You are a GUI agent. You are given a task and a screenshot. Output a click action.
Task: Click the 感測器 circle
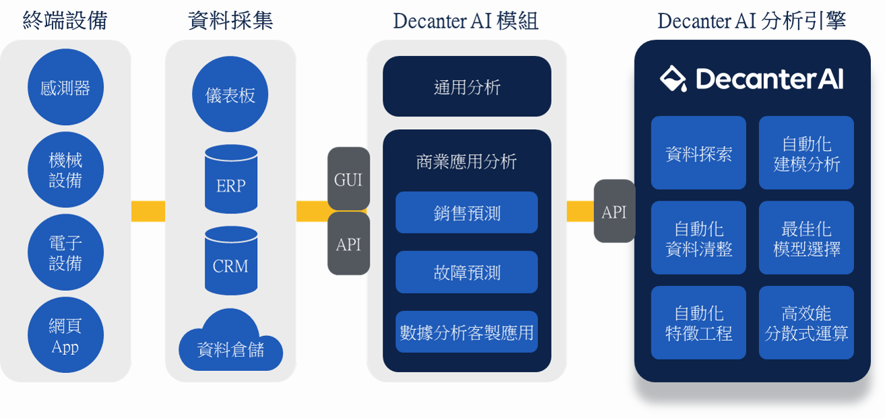65,87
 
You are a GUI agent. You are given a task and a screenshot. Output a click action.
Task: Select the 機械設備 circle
65,170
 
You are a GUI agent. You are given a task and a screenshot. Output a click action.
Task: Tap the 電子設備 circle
65,252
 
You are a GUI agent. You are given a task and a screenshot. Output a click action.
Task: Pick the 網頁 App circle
65,335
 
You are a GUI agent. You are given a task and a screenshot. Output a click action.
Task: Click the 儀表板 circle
230,94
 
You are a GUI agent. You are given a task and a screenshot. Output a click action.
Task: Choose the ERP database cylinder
231,179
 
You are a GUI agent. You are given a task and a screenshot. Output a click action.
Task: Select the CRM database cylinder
231,260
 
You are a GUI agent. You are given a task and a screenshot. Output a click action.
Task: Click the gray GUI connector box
348,179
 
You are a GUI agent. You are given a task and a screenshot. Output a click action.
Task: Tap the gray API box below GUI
348,244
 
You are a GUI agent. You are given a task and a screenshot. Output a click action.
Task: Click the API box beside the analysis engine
615,211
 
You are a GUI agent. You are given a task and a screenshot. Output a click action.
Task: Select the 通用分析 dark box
467,86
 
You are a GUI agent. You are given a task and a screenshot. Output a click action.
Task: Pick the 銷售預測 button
467,212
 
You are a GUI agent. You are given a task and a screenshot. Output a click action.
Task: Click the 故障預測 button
467,272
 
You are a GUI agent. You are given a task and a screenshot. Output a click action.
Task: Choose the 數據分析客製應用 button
467,332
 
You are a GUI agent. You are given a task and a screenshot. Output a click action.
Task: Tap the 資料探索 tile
698,153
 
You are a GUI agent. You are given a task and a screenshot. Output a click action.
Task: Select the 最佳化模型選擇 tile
806,238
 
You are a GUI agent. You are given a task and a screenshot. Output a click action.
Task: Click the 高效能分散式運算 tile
806,322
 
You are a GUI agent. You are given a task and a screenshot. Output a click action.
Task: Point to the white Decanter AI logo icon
674,78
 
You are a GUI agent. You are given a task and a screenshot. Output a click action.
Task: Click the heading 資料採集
230,20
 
